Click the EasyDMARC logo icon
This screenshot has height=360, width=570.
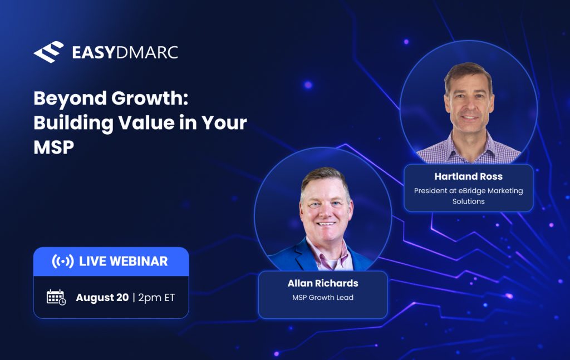(x=49, y=52)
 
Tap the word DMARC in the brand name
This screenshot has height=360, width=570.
(x=146, y=53)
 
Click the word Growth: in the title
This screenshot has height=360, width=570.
(x=150, y=98)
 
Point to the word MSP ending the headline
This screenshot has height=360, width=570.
(x=54, y=147)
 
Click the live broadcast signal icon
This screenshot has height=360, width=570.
(x=62, y=261)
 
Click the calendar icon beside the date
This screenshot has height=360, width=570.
(x=56, y=297)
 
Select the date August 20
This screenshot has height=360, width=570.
(x=102, y=298)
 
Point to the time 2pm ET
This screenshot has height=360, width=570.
(x=156, y=298)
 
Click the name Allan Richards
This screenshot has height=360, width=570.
(x=323, y=283)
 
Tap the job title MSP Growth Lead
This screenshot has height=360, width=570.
(x=323, y=297)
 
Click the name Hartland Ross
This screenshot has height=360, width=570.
(x=468, y=176)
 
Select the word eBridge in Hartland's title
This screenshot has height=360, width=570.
(x=472, y=190)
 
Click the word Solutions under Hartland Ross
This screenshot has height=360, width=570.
(x=468, y=201)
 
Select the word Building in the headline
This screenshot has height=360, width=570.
(x=73, y=123)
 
